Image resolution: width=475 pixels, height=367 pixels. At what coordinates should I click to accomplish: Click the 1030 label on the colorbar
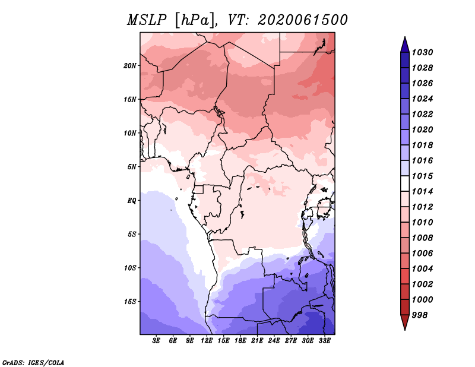click(422, 52)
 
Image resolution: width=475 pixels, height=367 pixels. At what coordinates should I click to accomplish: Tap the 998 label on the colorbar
click(420, 315)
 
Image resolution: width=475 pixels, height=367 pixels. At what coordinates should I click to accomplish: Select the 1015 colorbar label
click(422, 176)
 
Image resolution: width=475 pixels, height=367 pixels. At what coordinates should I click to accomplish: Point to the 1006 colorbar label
click(422, 254)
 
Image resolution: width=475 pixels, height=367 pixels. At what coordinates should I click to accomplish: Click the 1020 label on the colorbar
click(422, 129)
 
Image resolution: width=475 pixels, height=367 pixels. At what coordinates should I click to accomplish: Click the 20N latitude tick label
click(130, 66)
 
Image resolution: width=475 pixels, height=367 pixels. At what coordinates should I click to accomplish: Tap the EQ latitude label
click(131, 201)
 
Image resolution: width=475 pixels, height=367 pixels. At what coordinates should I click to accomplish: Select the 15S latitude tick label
click(130, 302)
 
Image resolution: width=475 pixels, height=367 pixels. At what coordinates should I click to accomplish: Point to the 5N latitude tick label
click(132, 167)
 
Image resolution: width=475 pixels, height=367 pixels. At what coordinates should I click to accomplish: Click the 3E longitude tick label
click(156, 341)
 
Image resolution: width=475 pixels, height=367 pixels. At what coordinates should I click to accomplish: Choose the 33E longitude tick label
click(324, 341)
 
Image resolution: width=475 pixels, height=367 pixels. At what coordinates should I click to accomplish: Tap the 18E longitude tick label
click(240, 341)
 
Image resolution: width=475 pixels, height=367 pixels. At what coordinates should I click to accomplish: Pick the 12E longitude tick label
click(207, 341)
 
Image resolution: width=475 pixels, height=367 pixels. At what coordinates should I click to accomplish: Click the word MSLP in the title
click(147, 20)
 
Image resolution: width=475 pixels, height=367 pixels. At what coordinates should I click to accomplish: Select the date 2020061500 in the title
click(302, 20)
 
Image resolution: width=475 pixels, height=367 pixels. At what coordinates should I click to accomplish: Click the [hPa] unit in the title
click(195, 21)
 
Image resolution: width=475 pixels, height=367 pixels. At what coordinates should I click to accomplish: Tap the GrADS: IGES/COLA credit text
click(33, 362)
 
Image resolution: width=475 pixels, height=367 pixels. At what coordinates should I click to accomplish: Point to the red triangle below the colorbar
click(405, 321)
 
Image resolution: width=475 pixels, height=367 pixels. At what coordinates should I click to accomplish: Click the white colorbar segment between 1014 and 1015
click(405, 183)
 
